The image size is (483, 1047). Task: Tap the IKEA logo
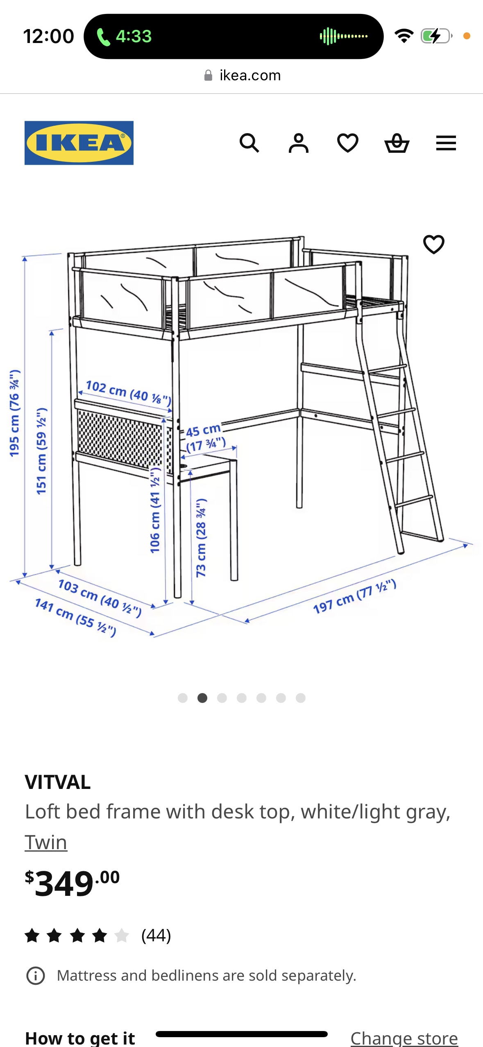(x=79, y=143)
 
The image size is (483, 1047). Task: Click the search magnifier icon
(x=249, y=143)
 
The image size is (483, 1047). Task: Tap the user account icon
(x=298, y=143)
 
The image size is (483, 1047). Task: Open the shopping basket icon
(x=397, y=143)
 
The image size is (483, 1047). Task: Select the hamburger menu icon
(x=446, y=143)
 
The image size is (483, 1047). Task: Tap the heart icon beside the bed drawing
(x=433, y=245)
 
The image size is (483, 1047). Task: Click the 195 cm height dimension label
(x=15, y=413)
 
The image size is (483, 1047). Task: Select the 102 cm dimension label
(x=128, y=392)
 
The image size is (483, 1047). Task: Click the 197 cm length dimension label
(x=354, y=596)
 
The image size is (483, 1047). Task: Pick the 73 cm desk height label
(x=201, y=538)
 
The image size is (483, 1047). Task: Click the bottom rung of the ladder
(x=422, y=535)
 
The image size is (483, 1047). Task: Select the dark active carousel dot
(x=202, y=698)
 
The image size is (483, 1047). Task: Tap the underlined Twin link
(x=46, y=843)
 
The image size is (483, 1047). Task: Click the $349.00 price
(x=72, y=883)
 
